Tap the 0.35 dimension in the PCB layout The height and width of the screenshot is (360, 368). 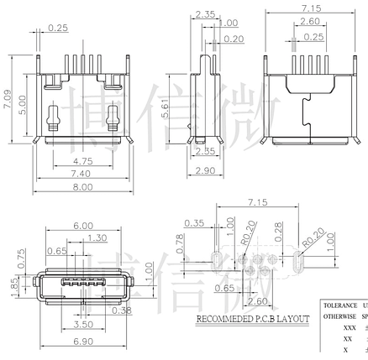196,223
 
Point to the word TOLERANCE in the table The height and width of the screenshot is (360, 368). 340,305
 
